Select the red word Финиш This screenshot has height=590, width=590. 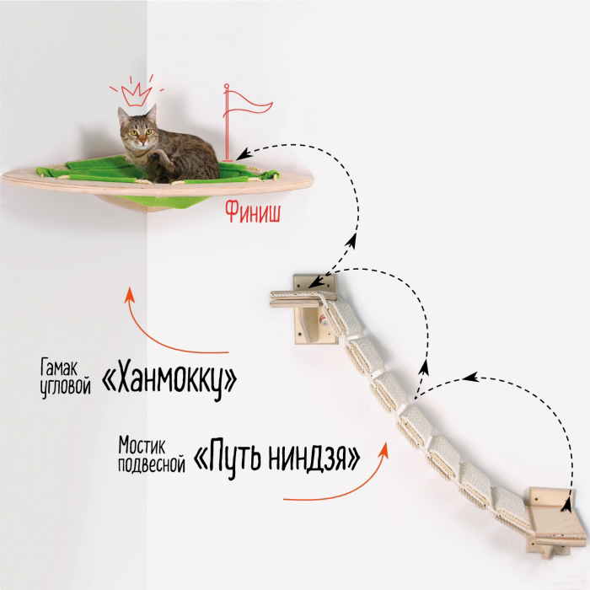pyautogui.click(x=253, y=212)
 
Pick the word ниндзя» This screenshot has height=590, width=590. pyautogui.click(x=317, y=457)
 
